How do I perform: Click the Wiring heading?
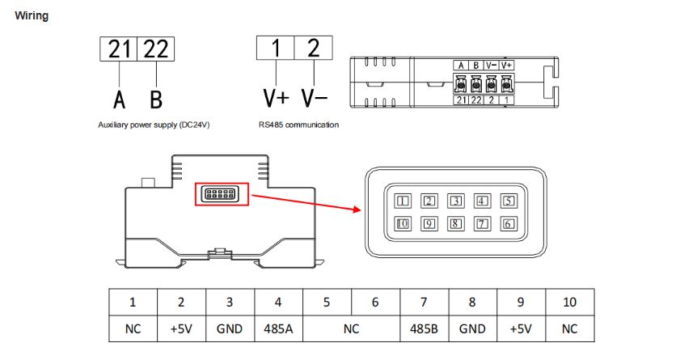(x=32, y=15)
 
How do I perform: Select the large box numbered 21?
(x=120, y=49)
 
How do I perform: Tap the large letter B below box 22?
(x=156, y=99)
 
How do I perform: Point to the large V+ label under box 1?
(x=276, y=99)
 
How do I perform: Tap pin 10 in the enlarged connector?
(x=403, y=224)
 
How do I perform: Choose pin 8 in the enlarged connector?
(x=455, y=224)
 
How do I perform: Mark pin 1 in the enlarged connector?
(x=403, y=201)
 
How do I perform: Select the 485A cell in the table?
(x=278, y=330)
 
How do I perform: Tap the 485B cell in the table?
(x=425, y=330)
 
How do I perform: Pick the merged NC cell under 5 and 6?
(x=352, y=330)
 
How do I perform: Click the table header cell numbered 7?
(x=425, y=303)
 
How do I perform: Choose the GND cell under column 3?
(x=230, y=330)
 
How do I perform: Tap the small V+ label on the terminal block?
(x=507, y=65)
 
